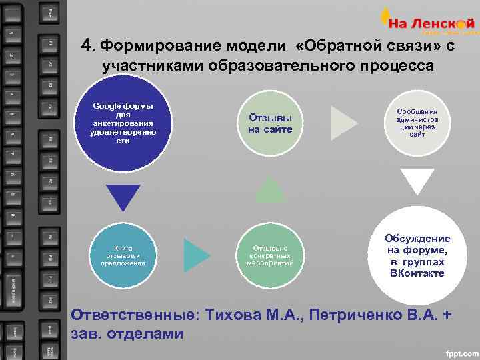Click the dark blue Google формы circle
[x=123, y=124]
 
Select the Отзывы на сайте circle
[x=270, y=123]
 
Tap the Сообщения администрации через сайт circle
[x=417, y=123]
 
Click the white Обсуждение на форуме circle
[x=417, y=256]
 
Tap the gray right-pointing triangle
[x=343, y=123]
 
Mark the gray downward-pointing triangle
[x=417, y=179]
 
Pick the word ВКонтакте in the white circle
[x=417, y=273]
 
